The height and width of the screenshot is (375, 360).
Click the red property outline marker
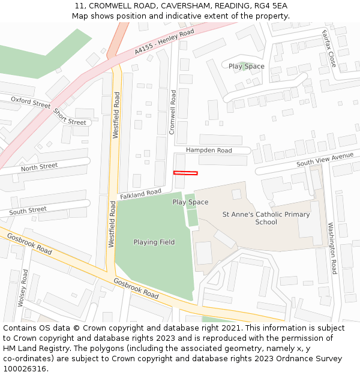pyautogui.click(x=185, y=173)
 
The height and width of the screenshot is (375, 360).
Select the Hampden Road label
pyautogui.click(x=208, y=150)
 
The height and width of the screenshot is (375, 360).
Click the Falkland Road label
pyautogui.click(x=140, y=194)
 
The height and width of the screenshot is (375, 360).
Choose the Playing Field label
pyautogui.click(x=154, y=242)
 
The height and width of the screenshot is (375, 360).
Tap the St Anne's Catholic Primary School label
pyautogui.click(x=266, y=218)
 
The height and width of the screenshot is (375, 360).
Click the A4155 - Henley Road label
pyautogui.click(x=164, y=42)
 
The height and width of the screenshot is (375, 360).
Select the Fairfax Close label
pyautogui.click(x=329, y=48)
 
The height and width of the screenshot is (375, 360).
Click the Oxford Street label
pyautogui.click(x=31, y=103)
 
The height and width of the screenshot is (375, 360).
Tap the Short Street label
pyautogui.click(x=69, y=116)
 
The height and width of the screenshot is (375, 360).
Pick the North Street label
pyautogui.click(x=39, y=167)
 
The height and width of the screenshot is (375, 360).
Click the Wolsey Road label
pyautogui.click(x=22, y=288)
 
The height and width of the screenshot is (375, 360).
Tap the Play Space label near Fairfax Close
pyautogui.click(x=246, y=66)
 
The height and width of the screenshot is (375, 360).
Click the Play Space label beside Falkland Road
pyautogui.click(x=190, y=202)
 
